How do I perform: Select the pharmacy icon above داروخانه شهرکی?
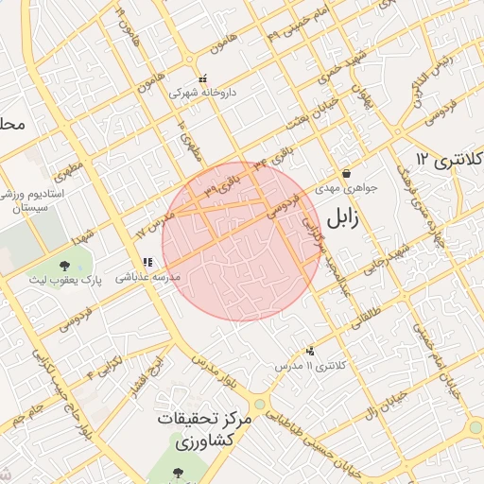[201, 79]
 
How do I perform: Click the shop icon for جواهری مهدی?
[347, 174]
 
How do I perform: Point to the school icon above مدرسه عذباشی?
[147, 263]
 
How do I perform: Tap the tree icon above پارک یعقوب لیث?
[65, 267]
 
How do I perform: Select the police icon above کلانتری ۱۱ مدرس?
[309, 351]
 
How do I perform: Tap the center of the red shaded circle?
[241, 241]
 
